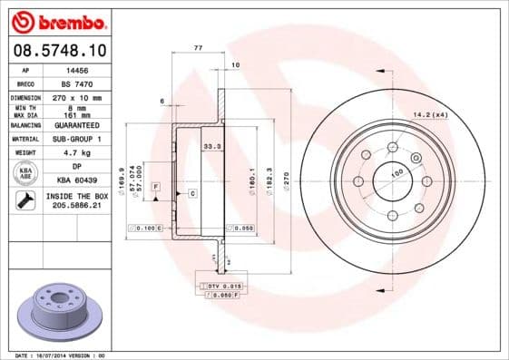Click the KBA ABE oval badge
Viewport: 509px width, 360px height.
pos(26,173)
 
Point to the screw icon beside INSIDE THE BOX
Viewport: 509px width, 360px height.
pos(25,201)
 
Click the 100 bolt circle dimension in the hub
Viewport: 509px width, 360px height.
pos(396,171)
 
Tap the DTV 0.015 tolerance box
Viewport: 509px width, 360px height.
pos(220,286)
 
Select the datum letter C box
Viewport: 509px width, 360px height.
pos(192,194)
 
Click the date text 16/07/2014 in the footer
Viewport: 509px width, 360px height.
pos(61,355)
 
